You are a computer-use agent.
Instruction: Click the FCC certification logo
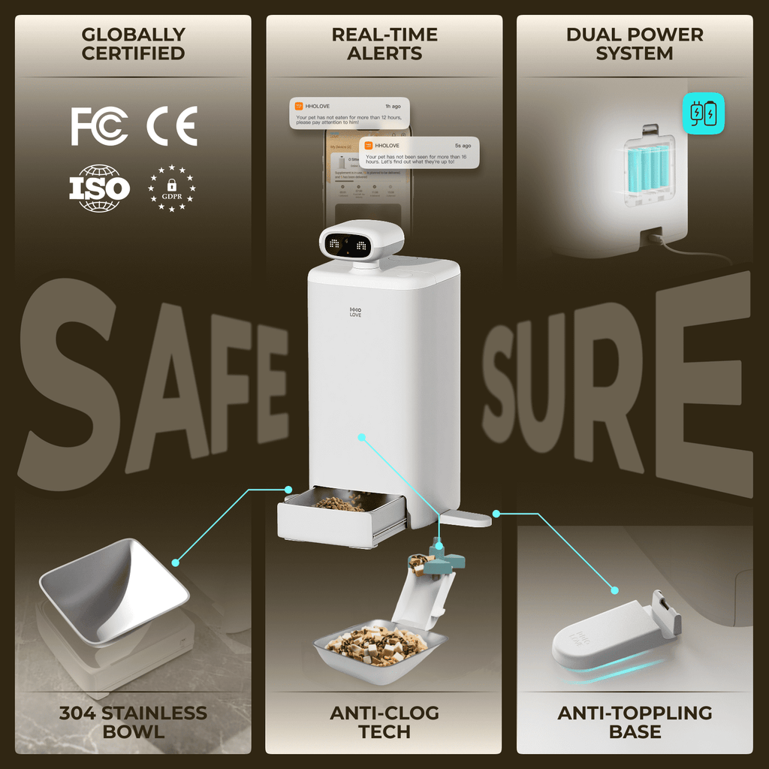pos(99,125)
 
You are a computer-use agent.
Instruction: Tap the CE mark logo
pos(172,125)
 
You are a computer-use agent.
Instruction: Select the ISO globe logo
pos(100,188)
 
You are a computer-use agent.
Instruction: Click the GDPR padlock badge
pos(172,188)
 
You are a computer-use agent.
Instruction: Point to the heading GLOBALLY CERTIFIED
pos(133,44)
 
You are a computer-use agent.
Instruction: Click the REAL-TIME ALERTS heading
pos(384,44)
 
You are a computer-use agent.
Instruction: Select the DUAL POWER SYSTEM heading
pos(635,44)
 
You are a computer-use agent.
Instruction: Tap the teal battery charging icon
pos(704,113)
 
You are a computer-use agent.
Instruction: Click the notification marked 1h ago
pos(349,113)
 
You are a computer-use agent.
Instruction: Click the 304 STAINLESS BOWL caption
pos(133,722)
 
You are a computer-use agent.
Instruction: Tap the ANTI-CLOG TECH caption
pos(384,722)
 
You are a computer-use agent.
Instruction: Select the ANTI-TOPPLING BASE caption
pos(635,722)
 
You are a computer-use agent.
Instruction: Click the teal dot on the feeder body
pos(361,436)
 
